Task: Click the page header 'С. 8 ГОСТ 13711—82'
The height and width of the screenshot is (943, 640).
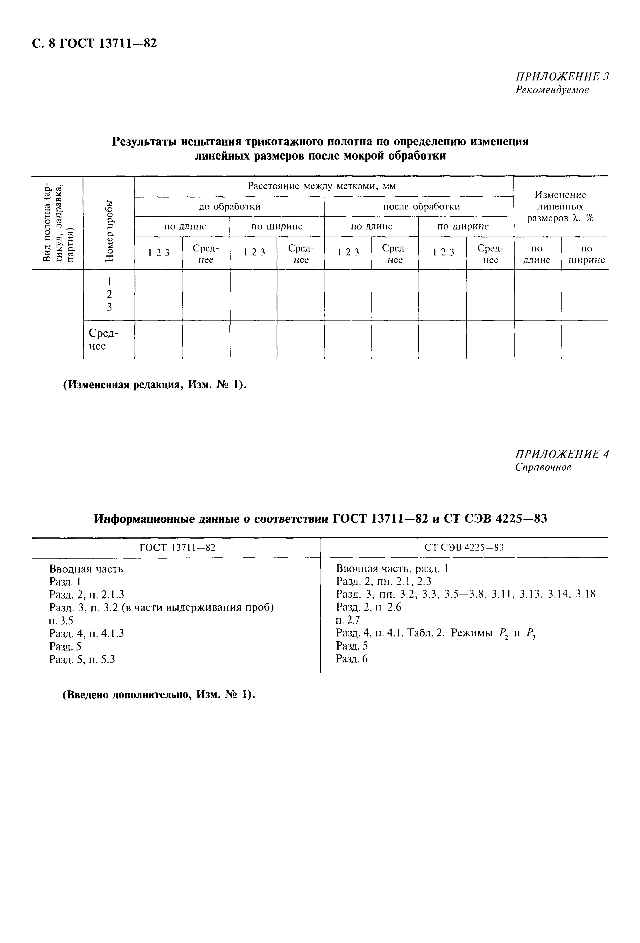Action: pos(94,43)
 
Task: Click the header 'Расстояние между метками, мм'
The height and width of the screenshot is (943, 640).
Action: pos(322,186)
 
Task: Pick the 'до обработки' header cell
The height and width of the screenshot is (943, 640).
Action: pos(229,207)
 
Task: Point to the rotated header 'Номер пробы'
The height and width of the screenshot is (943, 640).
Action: pos(109,231)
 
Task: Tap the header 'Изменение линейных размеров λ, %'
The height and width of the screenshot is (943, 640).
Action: pos(560,207)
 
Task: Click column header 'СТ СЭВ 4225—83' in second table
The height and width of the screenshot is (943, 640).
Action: pos(464,548)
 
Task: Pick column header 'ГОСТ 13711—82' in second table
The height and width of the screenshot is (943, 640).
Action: pos(177,548)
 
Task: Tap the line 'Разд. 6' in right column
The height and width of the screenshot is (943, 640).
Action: pos(352,659)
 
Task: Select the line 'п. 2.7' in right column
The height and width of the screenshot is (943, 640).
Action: pos(348,620)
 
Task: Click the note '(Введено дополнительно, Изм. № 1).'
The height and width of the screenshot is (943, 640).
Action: pos(158,695)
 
